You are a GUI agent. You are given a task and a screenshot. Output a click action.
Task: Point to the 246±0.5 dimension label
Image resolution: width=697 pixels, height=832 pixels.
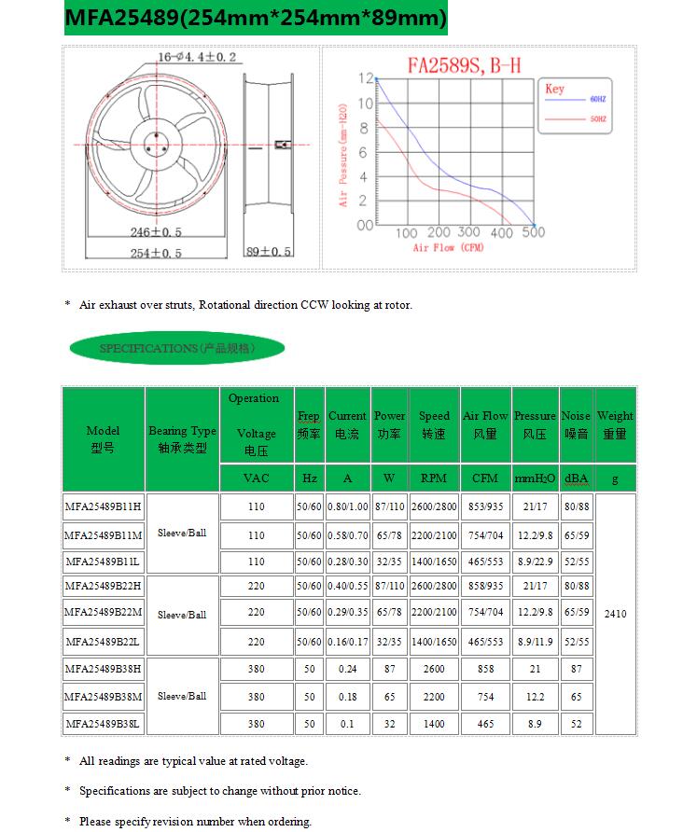[156, 232]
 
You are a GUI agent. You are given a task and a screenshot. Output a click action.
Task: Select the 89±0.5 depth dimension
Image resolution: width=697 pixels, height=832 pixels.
[268, 252]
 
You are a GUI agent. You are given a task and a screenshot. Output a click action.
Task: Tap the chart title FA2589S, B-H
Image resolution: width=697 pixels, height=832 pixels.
[461, 65]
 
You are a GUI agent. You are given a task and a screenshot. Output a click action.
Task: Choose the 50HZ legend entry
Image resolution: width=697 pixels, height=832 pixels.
[598, 119]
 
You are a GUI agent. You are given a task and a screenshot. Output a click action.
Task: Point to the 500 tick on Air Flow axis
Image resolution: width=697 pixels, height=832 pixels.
[533, 232]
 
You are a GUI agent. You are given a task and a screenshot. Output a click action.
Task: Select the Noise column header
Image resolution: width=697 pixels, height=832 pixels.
[576, 424]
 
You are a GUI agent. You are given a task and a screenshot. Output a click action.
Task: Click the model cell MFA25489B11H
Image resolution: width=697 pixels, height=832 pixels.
[103, 506]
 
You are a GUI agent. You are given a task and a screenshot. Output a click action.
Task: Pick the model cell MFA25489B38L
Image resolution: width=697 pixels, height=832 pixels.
[103, 723]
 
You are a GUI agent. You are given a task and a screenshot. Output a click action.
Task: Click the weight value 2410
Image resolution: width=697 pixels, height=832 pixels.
[615, 614]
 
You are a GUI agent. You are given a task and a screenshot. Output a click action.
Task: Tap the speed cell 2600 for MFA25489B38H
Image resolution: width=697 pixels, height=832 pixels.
[433, 669]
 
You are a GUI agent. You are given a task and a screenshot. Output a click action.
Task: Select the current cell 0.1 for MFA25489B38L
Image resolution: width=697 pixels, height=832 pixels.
[346, 723]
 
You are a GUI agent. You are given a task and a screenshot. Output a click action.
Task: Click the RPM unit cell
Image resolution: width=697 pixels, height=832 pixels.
[433, 478]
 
